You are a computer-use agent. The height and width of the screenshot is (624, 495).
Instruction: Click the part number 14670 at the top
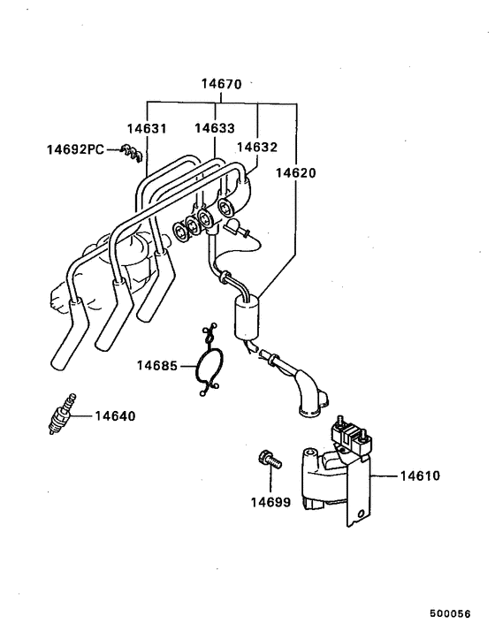click(x=221, y=86)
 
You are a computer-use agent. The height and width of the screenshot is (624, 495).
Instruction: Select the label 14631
click(x=148, y=128)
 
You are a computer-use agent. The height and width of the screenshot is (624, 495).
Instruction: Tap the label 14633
click(x=215, y=128)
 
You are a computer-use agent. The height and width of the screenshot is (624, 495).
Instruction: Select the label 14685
click(x=157, y=365)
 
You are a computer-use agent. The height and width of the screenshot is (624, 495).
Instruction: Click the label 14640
click(x=116, y=415)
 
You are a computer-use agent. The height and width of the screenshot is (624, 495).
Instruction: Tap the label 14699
click(x=269, y=501)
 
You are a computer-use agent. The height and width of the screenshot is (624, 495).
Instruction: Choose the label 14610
click(x=420, y=476)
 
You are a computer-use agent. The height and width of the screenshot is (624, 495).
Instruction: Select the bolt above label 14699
click(x=267, y=459)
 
